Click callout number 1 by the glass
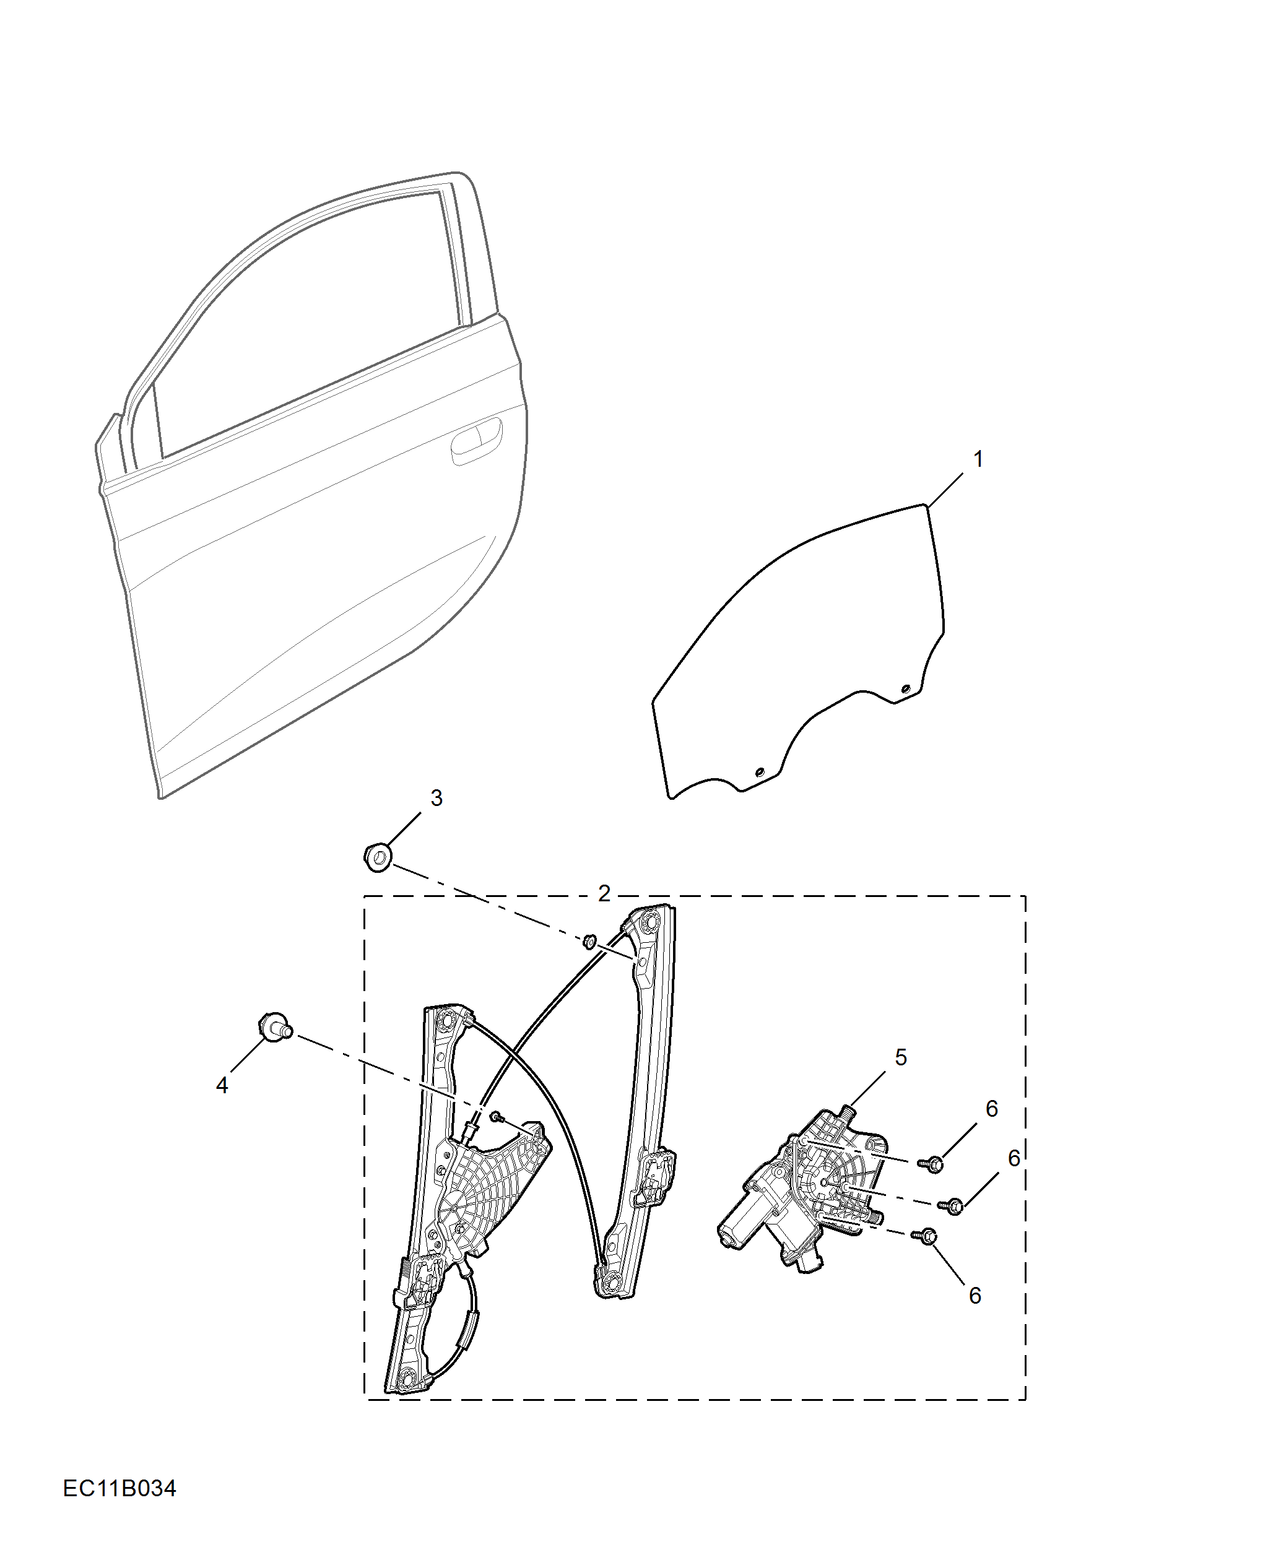click(978, 459)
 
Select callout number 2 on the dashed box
click(604, 893)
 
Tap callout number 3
click(436, 797)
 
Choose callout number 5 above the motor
click(901, 1057)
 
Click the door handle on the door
click(476, 439)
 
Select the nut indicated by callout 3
click(377, 857)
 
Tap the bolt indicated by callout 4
click(276, 1028)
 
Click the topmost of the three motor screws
click(934, 1164)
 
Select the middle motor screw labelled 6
click(954, 1206)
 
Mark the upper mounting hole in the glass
click(906, 689)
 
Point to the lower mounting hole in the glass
click(758, 772)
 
